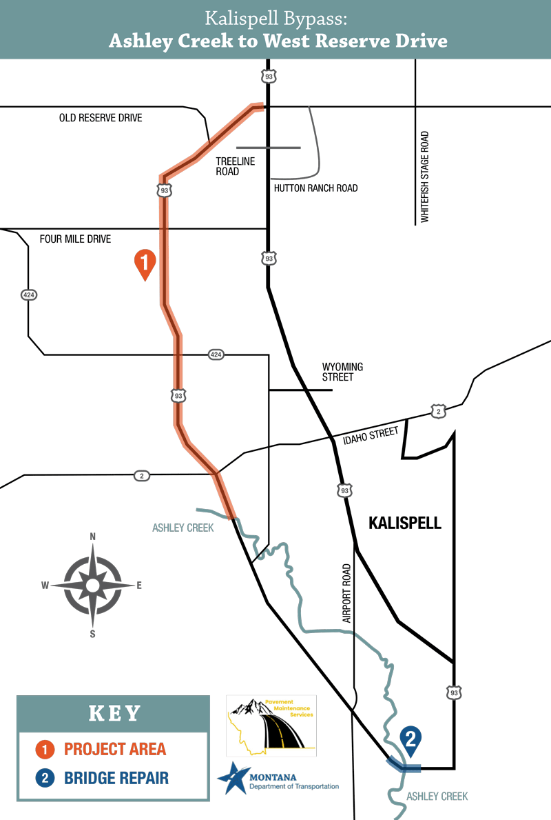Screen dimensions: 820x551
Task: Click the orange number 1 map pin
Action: [x=145, y=263]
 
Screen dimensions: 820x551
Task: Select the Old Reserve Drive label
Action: [x=101, y=118]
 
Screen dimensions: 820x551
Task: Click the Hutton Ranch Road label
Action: [x=315, y=188]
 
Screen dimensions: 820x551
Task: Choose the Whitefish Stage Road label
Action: [x=424, y=177]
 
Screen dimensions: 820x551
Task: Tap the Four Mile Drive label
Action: [x=75, y=239]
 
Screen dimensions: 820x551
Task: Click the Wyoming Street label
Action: [x=342, y=372]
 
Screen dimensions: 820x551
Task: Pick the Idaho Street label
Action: [x=374, y=433]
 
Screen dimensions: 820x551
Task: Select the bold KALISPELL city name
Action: [x=405, y=523]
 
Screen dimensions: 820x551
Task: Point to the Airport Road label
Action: [x=346, y=594]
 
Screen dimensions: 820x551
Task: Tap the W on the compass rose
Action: [x=45, y=586]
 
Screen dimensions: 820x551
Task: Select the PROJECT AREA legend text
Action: [x=115, y=749]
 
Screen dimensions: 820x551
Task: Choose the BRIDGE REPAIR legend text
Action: [x=116, y=779]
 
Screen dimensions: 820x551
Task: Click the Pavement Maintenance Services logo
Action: [x=271, y=726]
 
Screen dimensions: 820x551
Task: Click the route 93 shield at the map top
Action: [x=269, y=77]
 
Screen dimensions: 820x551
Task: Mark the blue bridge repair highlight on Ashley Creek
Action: [x=404, y=765]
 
